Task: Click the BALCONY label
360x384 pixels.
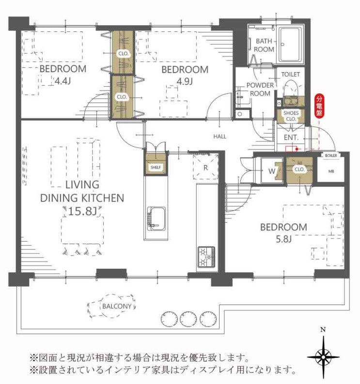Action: click(x=117, y=306)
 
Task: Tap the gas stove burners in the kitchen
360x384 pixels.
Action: click(x=206, y=257)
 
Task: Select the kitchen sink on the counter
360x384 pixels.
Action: click(x=156, y=219)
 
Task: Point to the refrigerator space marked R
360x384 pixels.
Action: click(x=205, y=167)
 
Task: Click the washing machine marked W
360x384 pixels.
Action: click(x=271, y=170)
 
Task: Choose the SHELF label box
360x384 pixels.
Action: click(x=156, y=168)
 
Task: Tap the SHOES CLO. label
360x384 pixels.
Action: click(x=291, y=116)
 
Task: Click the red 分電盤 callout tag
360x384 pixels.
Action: click(x=319, y=106)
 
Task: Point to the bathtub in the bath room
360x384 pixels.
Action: click(x=290, y=45)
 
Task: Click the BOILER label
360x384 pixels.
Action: click(x=331, y=155)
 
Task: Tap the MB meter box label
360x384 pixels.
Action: click(x=331, y=171)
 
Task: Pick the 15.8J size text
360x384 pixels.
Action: click(x=82, y=211)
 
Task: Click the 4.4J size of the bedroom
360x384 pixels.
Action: click(x=63, y=80)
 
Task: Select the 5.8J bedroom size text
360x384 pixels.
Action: click(x=283, y=239)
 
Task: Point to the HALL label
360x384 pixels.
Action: click(x=219, y=137)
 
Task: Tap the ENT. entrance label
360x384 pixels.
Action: click(x=291, y=138)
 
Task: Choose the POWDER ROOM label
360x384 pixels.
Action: click(x=260, y=89)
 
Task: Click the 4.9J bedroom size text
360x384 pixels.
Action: click(x=185, y=81)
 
